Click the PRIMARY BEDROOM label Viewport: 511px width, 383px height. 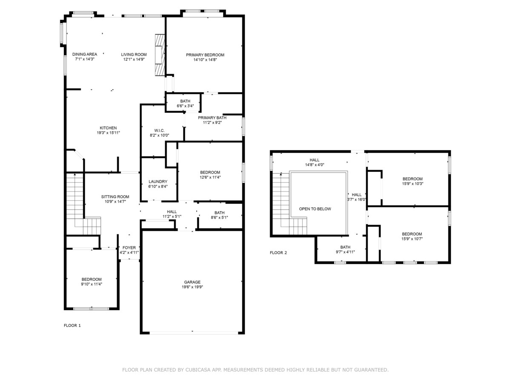coord(205,55)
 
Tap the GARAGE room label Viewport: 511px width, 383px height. coord(192,282)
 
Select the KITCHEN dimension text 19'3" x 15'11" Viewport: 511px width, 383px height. coord(108,133)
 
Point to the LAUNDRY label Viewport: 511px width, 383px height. coord(158,182)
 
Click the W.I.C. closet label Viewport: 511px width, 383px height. coord(159,131)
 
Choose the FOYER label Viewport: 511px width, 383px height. coord(129,248)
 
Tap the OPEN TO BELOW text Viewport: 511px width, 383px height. coord(315,209)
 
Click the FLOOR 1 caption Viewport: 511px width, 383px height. coord(72,325)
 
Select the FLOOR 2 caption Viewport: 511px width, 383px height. coord(278,252)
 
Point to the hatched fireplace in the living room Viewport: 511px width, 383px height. coord(160,55)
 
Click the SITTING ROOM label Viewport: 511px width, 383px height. coord(115,197)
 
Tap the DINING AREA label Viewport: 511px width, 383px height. coord(84,54)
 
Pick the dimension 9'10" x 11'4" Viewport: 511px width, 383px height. coord(92,284)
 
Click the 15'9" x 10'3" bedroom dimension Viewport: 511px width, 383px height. coord(412,183)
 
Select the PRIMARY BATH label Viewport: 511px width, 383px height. coord(212,118)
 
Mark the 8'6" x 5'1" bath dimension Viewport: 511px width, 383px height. coord(219,217)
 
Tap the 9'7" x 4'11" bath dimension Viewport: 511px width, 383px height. coord(345,252)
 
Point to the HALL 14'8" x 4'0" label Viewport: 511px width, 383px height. coord(315,162)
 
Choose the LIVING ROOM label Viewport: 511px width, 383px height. coord(134,54)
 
